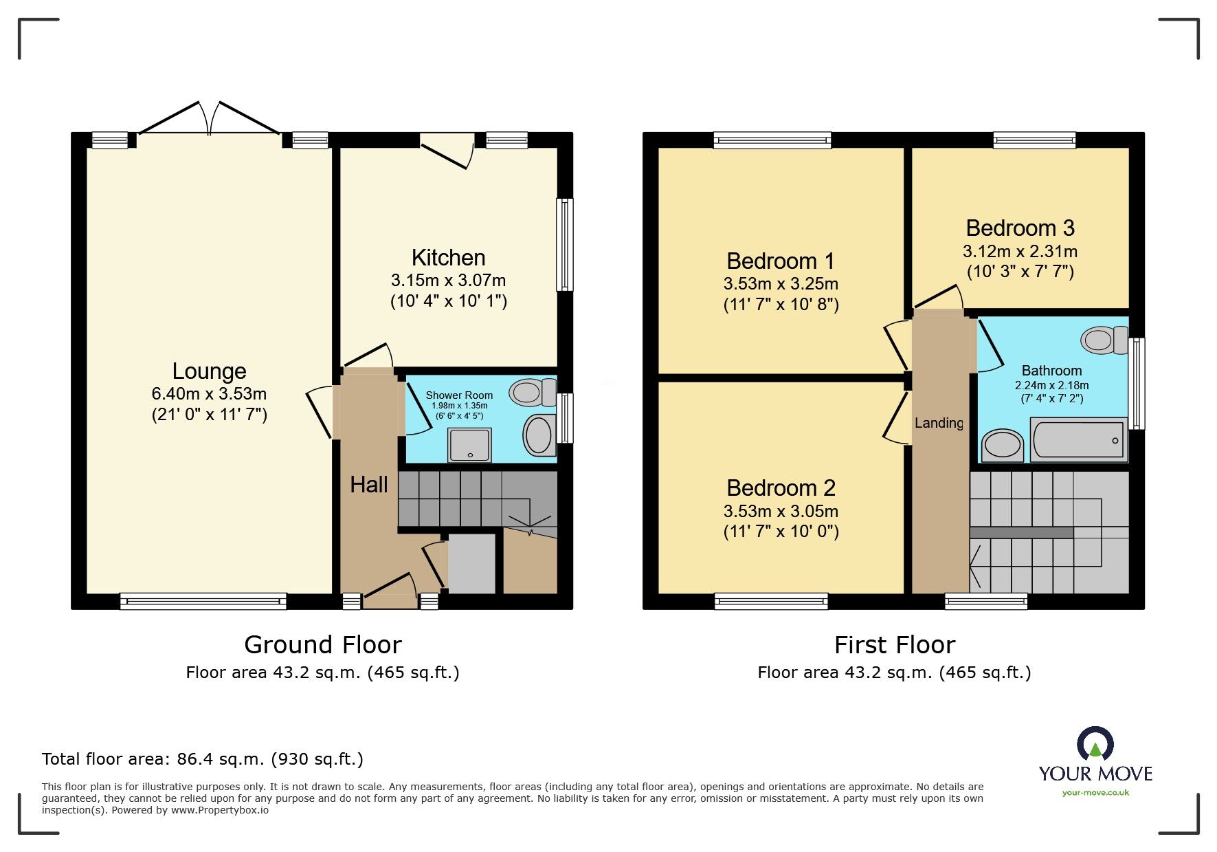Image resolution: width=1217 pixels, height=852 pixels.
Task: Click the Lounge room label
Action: click(x=209, y=371)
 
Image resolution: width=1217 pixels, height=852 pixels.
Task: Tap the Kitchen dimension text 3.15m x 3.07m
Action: click(x=448, y=281)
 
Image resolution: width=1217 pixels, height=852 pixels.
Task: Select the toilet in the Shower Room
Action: click(x=533, y=393)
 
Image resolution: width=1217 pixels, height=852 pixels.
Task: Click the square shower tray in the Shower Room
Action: click(x=470, y=444)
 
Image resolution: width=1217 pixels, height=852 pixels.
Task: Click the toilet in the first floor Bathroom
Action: click(x=1104, y=340)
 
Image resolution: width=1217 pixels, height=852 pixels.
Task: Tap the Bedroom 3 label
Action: click(x=1020, y=228)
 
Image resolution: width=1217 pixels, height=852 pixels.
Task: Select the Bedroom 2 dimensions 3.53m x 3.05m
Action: click(x=781, y=512)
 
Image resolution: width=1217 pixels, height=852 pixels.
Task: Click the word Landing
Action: click(x=939, y=423)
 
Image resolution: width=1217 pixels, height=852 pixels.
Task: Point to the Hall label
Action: click(x=369, y=485)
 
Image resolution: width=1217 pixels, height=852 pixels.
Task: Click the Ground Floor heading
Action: click(x=322, y=645)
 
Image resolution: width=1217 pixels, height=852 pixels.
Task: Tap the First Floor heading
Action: click(x=894, y=645)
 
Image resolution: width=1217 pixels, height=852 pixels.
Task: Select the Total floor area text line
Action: click(x=203, y=759)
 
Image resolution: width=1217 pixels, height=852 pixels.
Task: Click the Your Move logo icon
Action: click(x=1095, y=745)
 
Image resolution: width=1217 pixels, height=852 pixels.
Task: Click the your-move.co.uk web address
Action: click(x=1095, y=793)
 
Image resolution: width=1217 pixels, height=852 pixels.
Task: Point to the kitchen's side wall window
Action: click(x=565, y=244)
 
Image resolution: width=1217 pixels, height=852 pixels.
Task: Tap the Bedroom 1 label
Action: click(x=781, y=261)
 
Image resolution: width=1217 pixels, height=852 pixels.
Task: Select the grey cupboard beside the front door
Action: click(x=471, y=564)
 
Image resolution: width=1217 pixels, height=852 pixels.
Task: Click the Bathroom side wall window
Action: click(x=1138, y=383)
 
